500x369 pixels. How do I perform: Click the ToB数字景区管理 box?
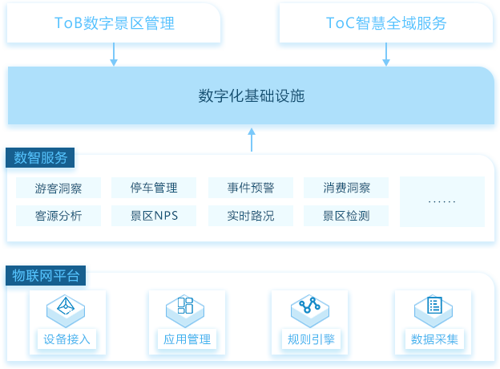coord(114,23)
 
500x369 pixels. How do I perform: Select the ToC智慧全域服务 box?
coord(386,23)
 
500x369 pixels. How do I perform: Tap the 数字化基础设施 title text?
coord(252,95)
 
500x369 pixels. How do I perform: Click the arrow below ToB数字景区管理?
coord(114,55)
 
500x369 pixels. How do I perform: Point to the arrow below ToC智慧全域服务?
coord(386,55)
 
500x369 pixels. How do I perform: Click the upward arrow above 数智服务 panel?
coord(252,140)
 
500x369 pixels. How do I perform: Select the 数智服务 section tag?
coord(40,157)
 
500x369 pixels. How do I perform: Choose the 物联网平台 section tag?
coord(46,275)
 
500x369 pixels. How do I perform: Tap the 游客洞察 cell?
coord(58,188)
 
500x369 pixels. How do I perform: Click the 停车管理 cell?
coord(154,188)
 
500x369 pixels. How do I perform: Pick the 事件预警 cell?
coord(251,188)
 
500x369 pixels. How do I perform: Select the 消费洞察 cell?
coord(346,188)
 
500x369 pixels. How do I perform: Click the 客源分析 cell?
coord(58,216)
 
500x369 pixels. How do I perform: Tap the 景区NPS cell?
coord(154,216)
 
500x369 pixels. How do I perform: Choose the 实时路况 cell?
coord(251,216)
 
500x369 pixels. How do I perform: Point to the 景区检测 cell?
coord(346,216)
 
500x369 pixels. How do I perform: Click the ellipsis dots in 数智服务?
coord(442,201)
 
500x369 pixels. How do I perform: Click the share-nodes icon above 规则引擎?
coord(309,305)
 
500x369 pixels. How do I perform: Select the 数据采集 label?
coord(434,339)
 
